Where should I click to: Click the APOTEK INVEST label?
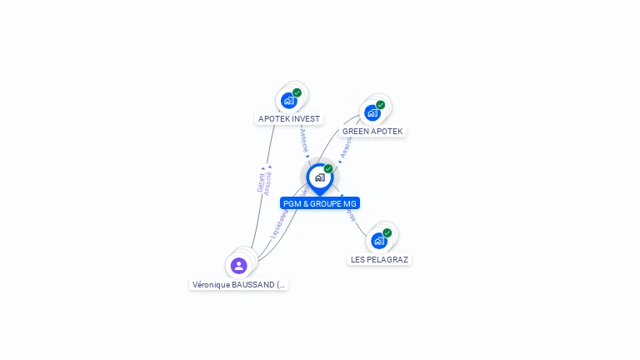click(288, 119)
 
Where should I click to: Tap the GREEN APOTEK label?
click(372, 132)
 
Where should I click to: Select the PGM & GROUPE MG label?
click(320, 203)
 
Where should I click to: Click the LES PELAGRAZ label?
click(379, 259)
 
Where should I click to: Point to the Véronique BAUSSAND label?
click(239, 284)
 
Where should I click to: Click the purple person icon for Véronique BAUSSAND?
click(239, 266)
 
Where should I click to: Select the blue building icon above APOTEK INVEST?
click(288, 101)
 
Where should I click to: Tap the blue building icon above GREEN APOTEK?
click(372, 112)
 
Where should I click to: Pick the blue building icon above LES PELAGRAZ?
click(378, 241)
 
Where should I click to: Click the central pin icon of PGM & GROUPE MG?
click(319, 177)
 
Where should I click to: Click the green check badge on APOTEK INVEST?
click(297, 92)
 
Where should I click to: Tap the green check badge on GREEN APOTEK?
click(380, 105)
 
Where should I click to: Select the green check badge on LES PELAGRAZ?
click(387, 232)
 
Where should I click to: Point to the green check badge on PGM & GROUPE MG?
click(328, 169)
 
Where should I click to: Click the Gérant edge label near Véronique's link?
click(261, 182)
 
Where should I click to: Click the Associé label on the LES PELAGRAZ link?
click(352, 213)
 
